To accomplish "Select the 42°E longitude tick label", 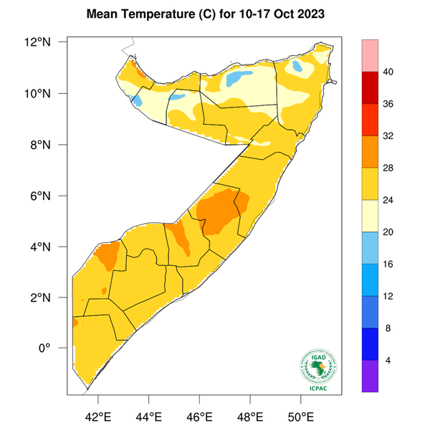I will point(98,416).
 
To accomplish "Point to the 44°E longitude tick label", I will point(149,416).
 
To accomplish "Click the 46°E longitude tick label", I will point(200,416).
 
